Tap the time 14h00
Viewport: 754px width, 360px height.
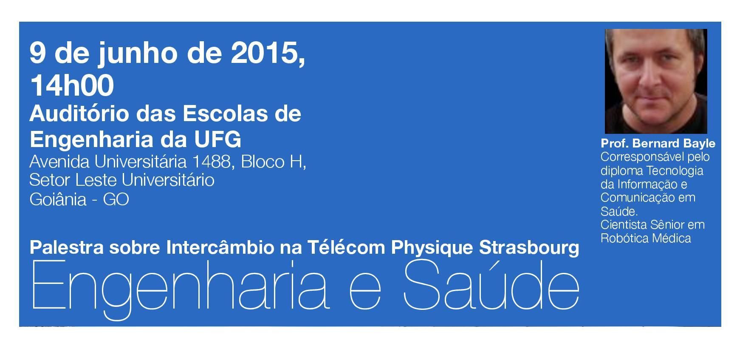[x=72, y=85]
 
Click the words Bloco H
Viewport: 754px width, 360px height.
[x=273, y=162]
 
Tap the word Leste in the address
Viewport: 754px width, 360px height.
[x=96, y=180]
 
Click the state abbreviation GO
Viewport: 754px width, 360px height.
[x=116, y=199]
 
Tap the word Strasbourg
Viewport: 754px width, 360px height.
[x=529, y=248]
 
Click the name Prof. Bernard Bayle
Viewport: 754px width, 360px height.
[x=658, y=143]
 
